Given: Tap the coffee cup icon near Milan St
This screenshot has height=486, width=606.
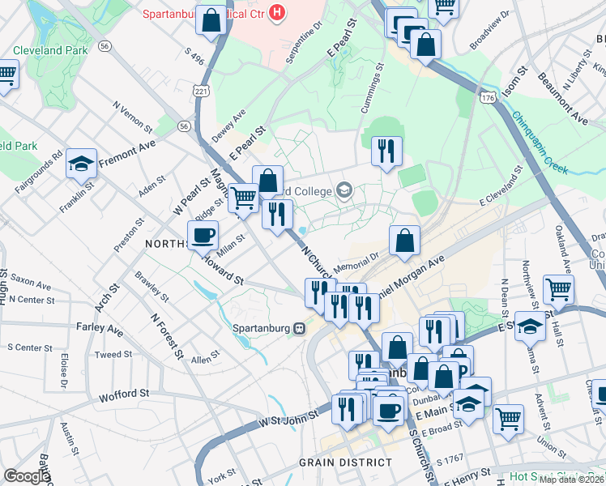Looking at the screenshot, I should coord(203,235).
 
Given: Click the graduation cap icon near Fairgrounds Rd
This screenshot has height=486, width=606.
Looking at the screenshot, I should coord(82,164).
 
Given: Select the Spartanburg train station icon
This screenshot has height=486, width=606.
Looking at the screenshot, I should coord(300,328).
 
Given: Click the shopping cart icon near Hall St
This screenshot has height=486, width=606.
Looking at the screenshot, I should coord(558,288).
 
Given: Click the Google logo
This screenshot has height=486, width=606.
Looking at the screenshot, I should coord(26,476).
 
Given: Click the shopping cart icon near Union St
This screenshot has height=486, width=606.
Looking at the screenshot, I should coord(508,419).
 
